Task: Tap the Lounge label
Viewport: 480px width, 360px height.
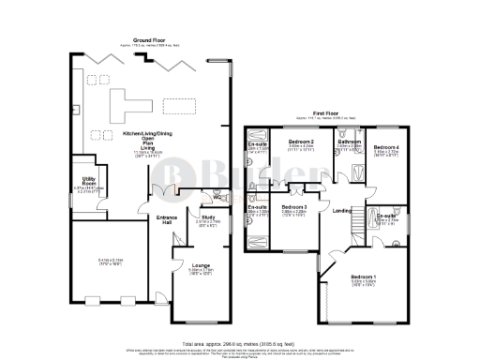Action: tap(201, 266)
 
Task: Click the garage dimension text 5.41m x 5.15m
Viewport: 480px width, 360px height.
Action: tap(97, 261)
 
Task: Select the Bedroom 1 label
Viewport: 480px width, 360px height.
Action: tap(363, 277)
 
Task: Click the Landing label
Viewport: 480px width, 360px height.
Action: tap(342, 211)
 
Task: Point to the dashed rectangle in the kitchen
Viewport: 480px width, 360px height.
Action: tap(176, 104)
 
